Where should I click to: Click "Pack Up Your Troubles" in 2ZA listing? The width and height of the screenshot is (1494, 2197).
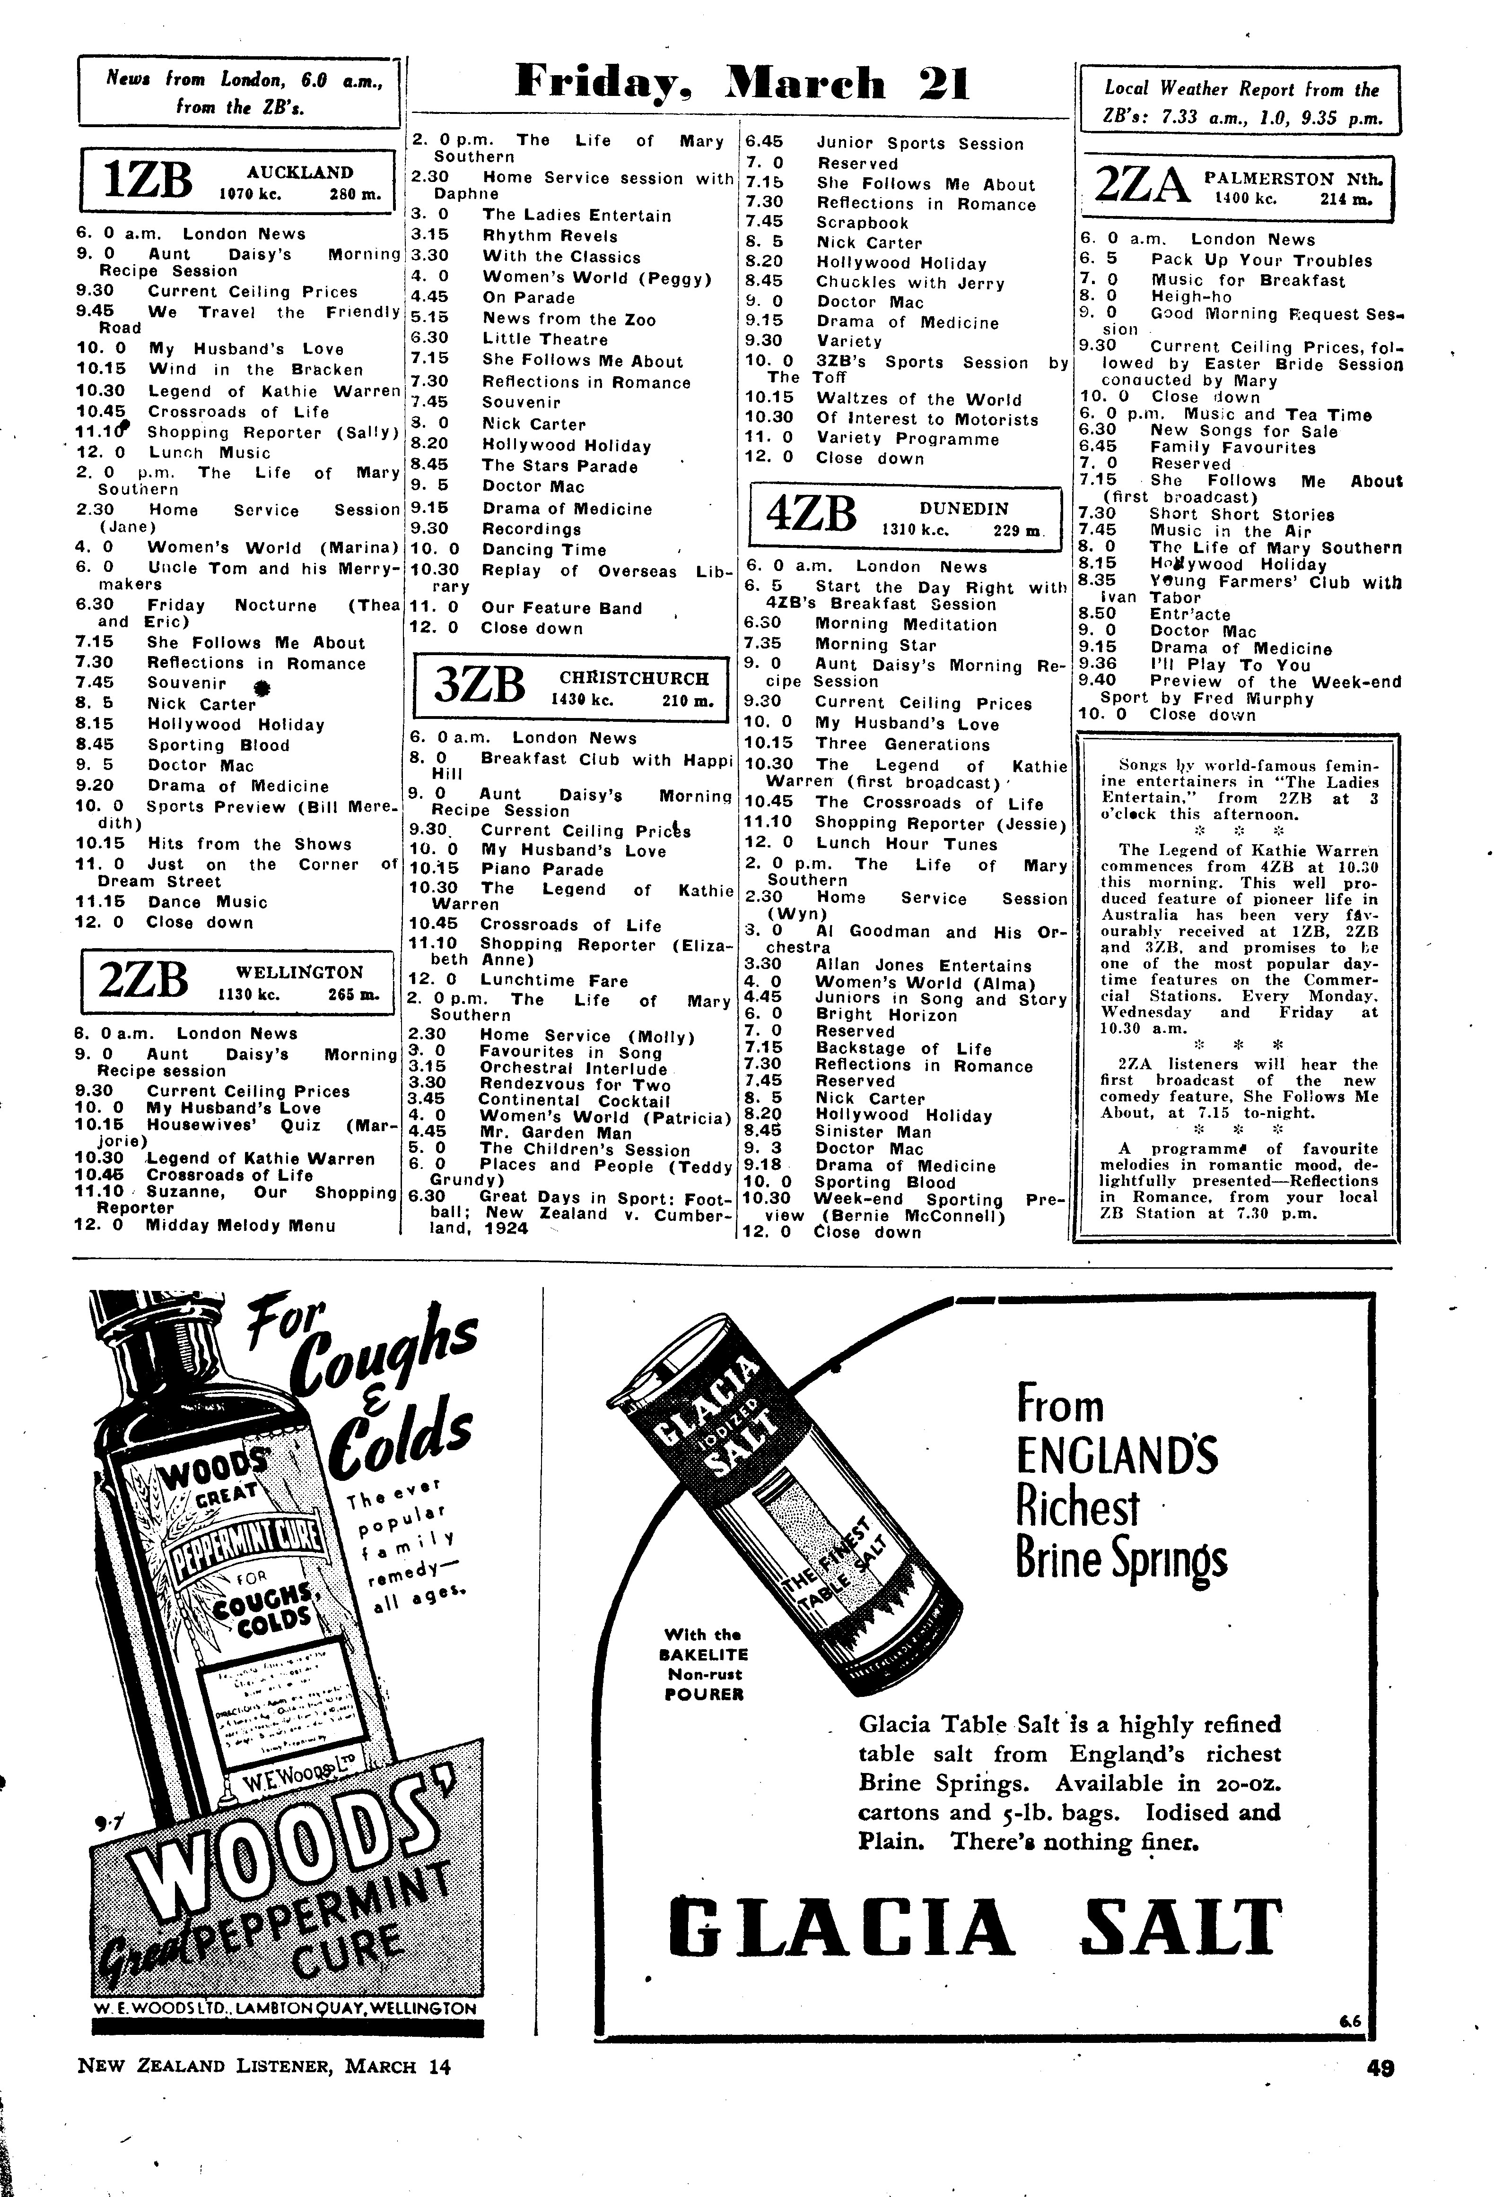coord(1260,260)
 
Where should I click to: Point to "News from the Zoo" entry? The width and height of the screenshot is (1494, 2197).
coord(568,320)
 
